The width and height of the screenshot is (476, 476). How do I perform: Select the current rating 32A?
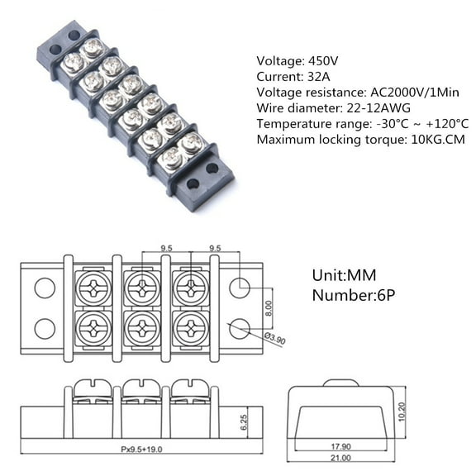318,76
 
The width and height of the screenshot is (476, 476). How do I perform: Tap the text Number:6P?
354,295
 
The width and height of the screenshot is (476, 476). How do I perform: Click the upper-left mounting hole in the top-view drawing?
45,288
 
